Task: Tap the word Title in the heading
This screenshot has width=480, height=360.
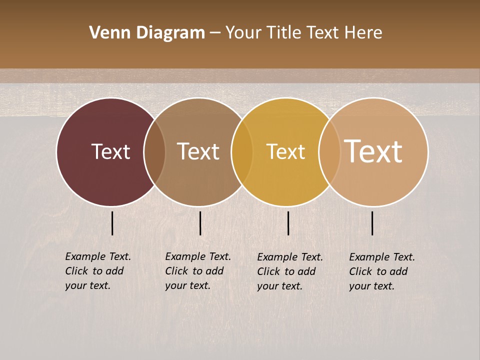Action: click(x=283, y=33)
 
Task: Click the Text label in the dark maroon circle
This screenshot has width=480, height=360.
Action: click(x=110, y=151)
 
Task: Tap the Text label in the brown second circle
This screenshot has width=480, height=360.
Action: click(x=198, y=151)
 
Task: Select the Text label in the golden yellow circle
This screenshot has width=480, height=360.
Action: click(x=285, y=151)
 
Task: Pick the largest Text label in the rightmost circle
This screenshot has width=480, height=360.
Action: click(x=373, y=151)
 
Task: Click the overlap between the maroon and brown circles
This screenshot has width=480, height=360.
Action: click(x=154, y=151)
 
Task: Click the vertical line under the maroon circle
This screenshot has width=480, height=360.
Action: click(x=112, y=223)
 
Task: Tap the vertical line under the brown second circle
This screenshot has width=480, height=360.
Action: click(x=200, y=223)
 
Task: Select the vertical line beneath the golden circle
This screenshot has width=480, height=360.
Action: click(x=288, y=223)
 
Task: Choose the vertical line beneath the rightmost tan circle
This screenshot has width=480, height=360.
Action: click(x=372, y=223)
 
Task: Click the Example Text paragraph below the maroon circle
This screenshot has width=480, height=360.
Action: click(x=97, y=271)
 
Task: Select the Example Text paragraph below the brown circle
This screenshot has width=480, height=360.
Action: click(x=197, y=271)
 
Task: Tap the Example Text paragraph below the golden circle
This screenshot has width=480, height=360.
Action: click(x=289, y=271)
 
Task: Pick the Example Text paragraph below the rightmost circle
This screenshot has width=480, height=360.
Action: click(x=381, y=271)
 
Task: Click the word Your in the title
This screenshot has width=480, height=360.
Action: click(x=243, y=33)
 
